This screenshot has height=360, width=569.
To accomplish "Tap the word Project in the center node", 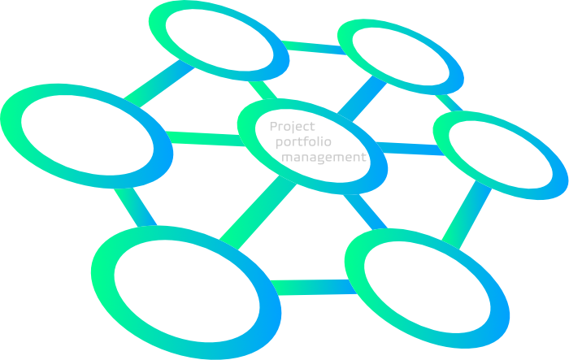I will [292, 126].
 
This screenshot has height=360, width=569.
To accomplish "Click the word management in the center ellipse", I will [324, 157].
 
